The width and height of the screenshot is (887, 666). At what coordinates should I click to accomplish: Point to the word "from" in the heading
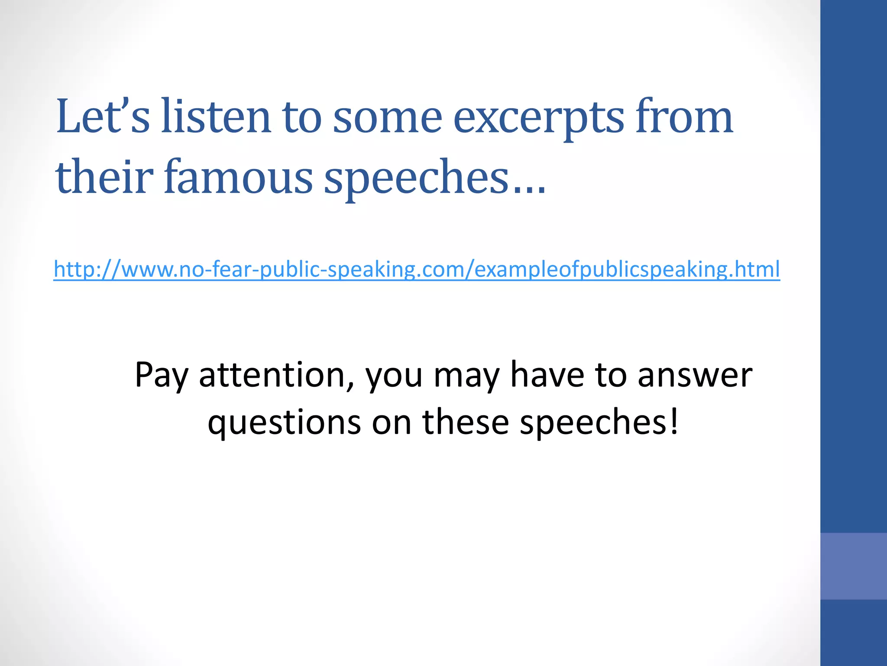(x=684, y=116)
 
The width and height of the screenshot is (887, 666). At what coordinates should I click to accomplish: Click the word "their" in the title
(x=104, y=177)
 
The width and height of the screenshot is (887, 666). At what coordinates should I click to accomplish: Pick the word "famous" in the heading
(x=238, y=177)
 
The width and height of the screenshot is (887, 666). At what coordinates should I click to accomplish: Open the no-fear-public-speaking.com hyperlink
(x=417, y=269)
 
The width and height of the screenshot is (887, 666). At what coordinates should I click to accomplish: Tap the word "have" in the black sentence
(x=547, y=375)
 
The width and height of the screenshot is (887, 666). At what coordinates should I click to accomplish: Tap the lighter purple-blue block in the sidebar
(x=853, y=566)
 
